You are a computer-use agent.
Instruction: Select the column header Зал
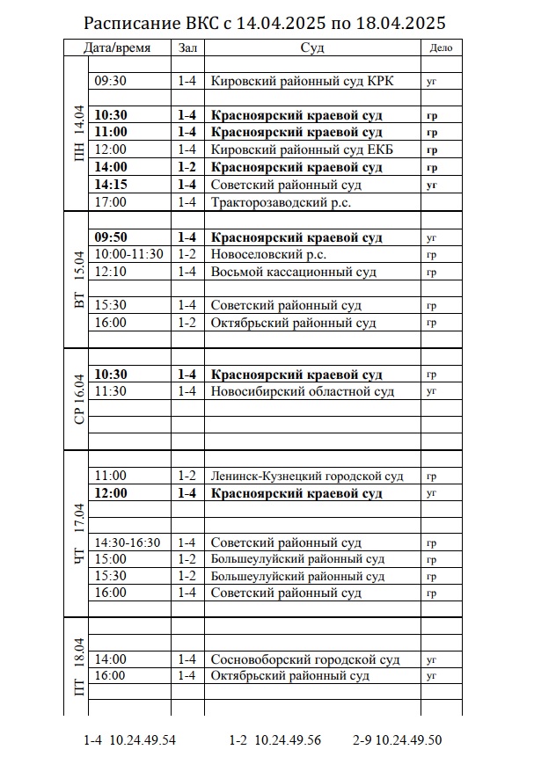(x=187, y=47)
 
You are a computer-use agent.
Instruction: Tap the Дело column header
(x=441, y=47)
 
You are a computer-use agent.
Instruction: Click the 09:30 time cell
(x=111, y=81)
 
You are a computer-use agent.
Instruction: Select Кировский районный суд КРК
(x=302, y=81)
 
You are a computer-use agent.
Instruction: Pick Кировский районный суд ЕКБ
(x=302, y=149)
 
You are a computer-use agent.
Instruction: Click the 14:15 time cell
(x=111, y=185)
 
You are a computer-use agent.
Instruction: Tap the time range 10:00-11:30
(x=128, y=254)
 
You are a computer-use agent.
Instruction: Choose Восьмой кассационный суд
(x=293, y=272)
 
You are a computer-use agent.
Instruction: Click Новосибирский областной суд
(x=302, y=391)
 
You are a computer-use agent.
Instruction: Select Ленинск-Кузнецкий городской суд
(x=307, y=476)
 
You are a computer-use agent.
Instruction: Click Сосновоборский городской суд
(x=305, y=659)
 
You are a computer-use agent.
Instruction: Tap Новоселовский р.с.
(x=268, y=254)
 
